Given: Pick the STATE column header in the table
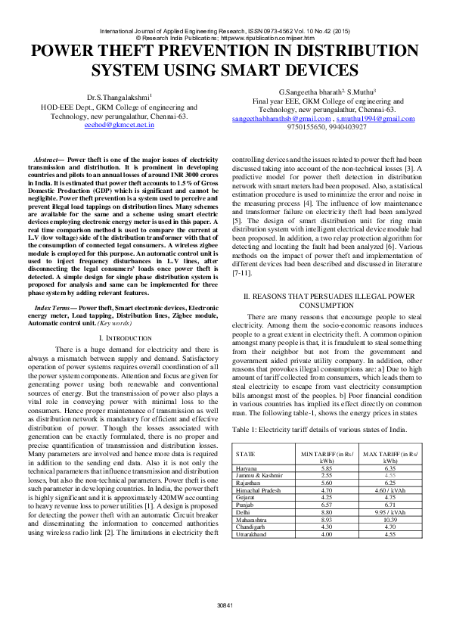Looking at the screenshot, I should click(x=245, y=454).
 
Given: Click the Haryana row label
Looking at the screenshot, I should click(x=247, y=468).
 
